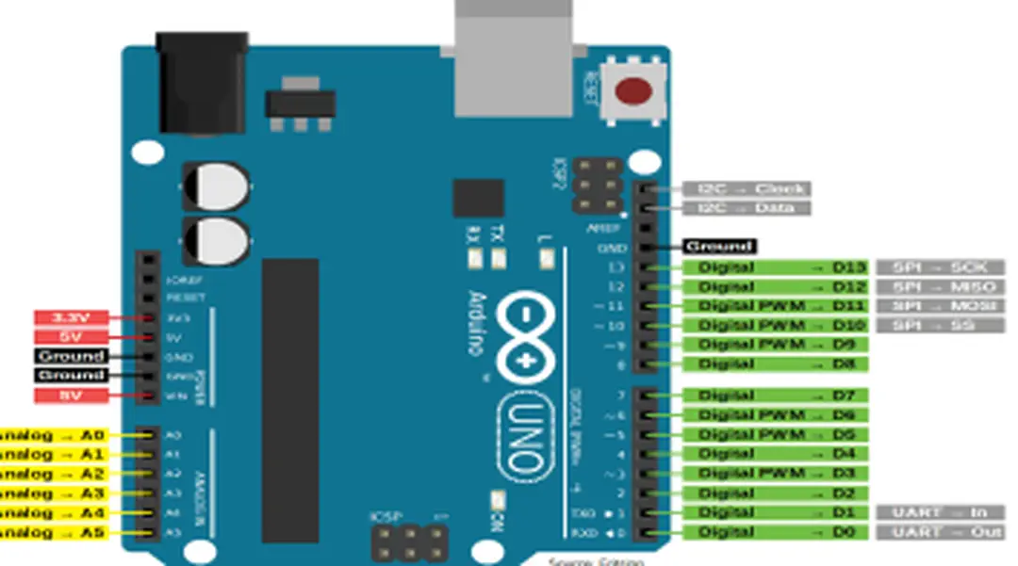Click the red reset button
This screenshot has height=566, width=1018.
[x=633, y=91]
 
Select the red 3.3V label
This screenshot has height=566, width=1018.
[x=72, y=318]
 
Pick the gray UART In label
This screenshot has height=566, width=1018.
[x=940, y=512]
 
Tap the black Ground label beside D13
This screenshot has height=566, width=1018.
[x=719, y=247]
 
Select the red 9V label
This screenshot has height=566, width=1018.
[x=72, y=396]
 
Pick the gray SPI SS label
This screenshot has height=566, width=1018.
[x=940, y=326]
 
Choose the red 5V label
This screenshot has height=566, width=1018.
[x=72, y=337]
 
